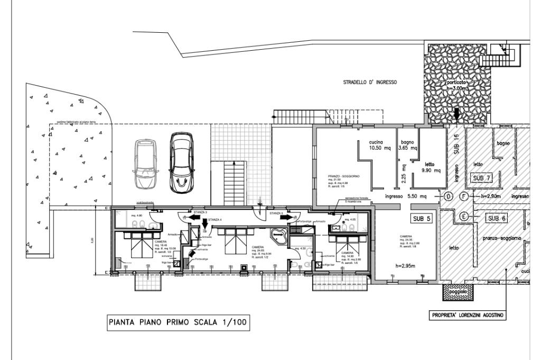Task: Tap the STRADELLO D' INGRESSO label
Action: click(x=370, y=82)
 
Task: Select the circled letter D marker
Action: click(x=448, y=197)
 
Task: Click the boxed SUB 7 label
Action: click(x=482, y=178)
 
